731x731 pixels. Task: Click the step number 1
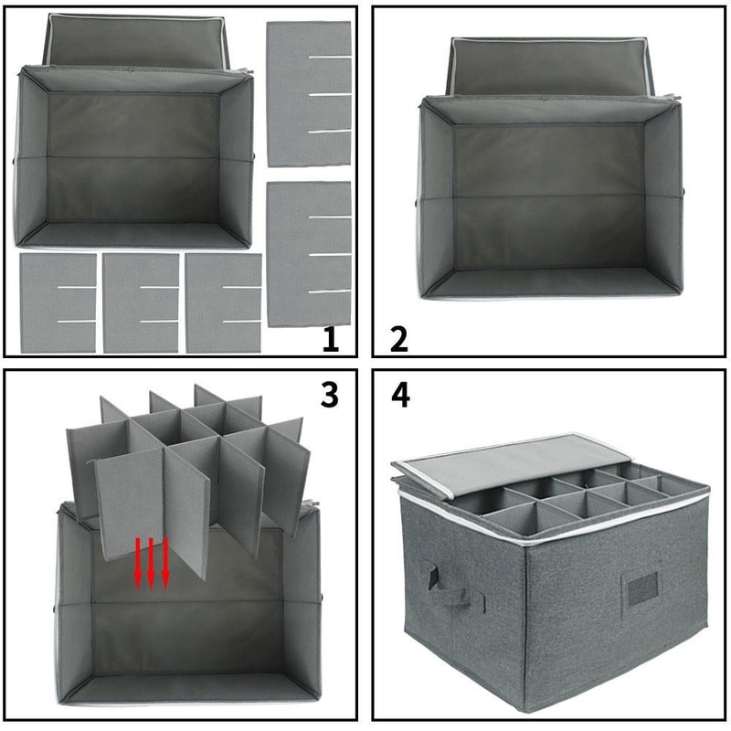(x=331, y=340)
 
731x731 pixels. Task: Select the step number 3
(x=329, y=395)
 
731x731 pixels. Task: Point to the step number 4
(x=399, y=395)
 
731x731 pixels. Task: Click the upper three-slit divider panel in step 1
(x=309, y=94)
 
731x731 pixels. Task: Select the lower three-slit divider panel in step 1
(x=309, y=253)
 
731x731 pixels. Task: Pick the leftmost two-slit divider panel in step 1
(x=58, y=303)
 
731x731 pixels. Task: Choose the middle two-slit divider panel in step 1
(x=141, y=303)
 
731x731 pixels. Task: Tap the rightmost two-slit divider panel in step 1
(x=224, y=303)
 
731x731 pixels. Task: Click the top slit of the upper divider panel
(x=328, y=58)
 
